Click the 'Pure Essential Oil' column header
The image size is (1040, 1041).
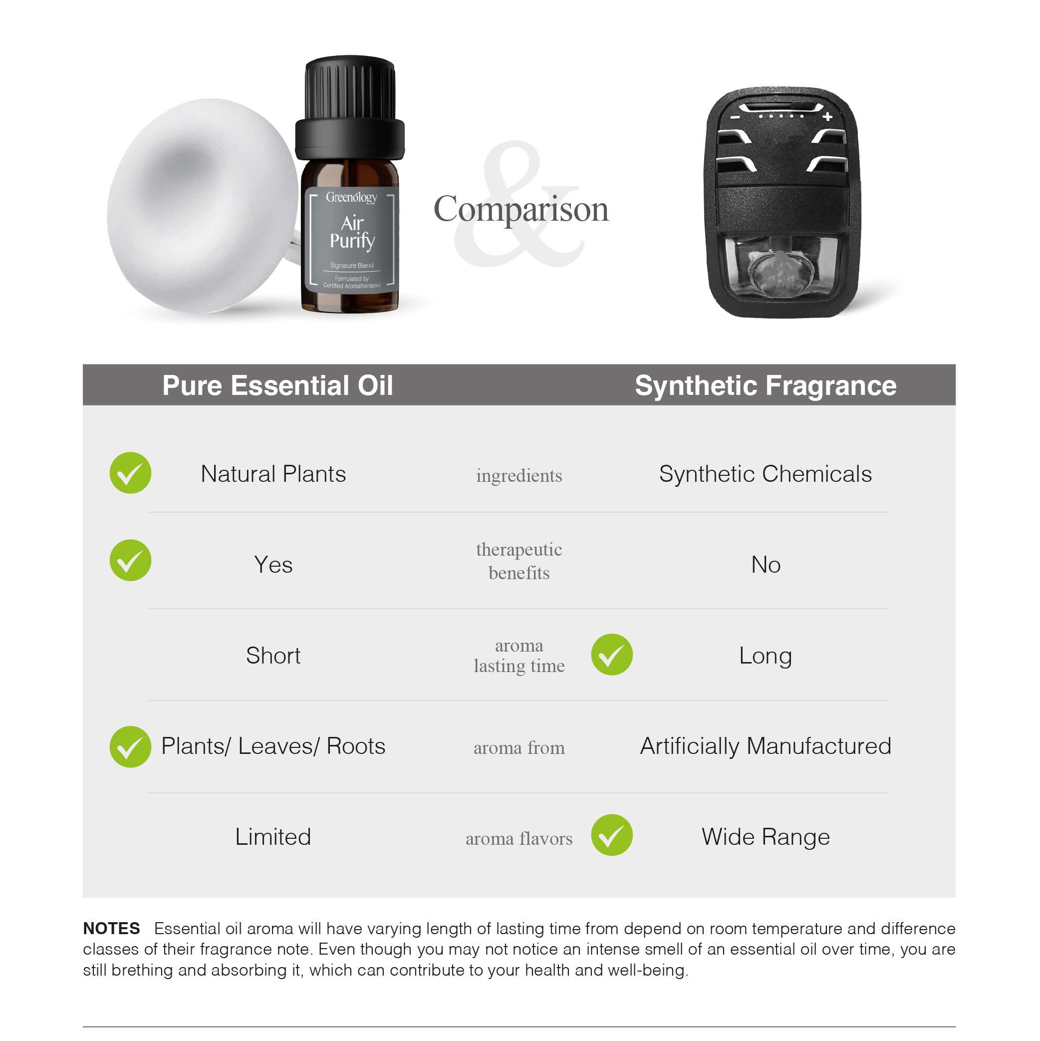(277, 386)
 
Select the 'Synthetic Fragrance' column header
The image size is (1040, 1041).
(766, 386)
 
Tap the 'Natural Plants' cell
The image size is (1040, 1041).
(273, 474)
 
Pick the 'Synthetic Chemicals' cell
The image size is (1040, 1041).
(766, 474)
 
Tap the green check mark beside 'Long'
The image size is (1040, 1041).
(612, 655)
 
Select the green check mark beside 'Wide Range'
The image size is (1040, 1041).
(612, 835)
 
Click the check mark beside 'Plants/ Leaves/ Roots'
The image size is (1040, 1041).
(130, 747)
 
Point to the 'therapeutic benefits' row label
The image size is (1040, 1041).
(519, 561)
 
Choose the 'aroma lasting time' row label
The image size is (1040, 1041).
(519, 656)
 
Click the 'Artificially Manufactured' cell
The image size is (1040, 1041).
(766, 746)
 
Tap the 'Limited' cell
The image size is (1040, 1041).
(273, 837)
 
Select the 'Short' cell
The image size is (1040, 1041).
(273, 656)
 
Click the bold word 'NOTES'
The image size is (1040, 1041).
(111, 928)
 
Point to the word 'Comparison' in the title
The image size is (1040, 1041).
(521, 209)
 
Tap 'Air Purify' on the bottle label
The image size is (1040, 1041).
(352, 232)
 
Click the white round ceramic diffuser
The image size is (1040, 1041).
(202, 206)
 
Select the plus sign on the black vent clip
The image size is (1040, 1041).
(827, 116)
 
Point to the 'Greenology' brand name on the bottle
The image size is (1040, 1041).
(351, 197)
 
